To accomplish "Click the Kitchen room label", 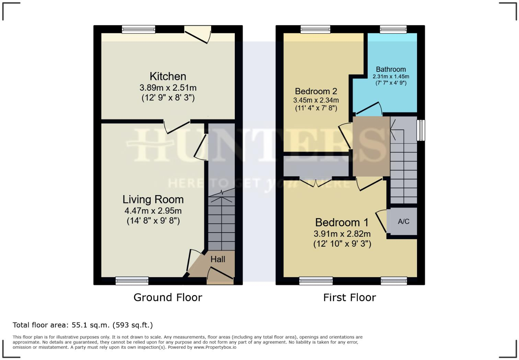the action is tap(168, 76).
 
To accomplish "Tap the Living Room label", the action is tap(153, 199).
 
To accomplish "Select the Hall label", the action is tap(218, 259).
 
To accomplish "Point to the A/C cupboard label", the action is tap(404, 221).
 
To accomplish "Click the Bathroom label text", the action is tap(391, 69).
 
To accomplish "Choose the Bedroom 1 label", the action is tap(342, 223).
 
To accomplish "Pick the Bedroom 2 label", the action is tap(316, 91).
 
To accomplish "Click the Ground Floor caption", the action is tap(168, 297).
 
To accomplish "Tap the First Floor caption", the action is tap(350, 297).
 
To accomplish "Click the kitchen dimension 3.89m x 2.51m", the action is tap(168, 88).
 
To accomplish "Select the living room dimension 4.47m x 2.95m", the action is tap(153, 211).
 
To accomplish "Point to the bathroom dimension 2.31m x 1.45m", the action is tap(391, 77).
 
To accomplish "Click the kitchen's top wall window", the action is tap(139, 29).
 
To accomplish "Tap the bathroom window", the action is tap(393, 29).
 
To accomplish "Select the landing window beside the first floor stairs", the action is tap(421, 130).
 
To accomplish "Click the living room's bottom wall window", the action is tap(132, 281).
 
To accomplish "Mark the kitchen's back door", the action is tap(198, 34).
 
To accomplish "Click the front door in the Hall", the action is tap(220, 275).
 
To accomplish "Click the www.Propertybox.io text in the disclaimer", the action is tap(215, 347).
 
